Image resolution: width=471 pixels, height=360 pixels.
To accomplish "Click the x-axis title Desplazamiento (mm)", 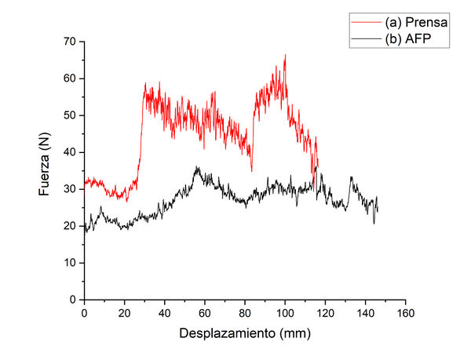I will point(245,333).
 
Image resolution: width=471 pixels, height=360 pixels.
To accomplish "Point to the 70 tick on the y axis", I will point(71,41).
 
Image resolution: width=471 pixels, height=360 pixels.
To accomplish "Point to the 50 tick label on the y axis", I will point(71,115).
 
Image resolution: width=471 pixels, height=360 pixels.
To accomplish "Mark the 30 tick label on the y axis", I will point(71,189).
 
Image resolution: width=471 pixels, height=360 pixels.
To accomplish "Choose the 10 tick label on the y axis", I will point(71,263).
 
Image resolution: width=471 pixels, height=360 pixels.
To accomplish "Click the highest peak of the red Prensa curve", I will point(285,55).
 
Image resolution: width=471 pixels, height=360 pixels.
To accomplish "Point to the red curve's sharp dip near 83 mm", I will point(251,169).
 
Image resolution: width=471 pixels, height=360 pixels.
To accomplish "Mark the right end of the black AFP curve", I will point(378,210).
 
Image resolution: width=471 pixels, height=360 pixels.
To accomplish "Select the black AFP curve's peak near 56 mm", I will point(197,167).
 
